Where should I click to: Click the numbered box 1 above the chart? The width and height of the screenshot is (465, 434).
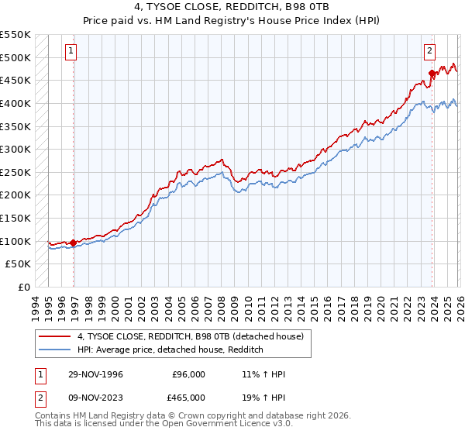(x=71, y=52)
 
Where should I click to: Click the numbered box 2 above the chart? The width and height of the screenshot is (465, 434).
(x=429, y=52)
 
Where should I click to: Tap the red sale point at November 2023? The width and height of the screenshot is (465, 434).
(x=432, y=74)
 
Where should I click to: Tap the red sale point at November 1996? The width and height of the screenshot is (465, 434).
(x=74, y=243)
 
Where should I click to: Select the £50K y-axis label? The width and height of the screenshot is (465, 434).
(x=19, y=263)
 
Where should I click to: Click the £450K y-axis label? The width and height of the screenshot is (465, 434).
(x=15, y=80)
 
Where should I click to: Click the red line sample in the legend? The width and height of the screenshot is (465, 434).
(x=55, y=336)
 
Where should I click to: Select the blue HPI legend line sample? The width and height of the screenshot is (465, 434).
(x=55, y=350)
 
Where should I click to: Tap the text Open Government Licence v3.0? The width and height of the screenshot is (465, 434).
(x=232, y=425)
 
